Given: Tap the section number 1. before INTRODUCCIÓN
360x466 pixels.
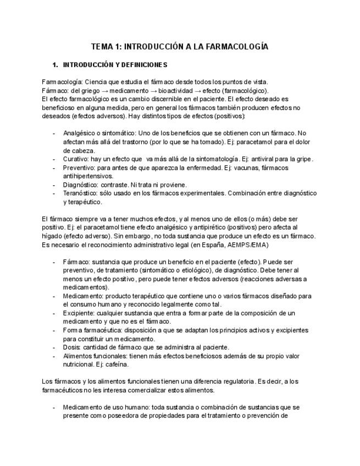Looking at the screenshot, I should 56,64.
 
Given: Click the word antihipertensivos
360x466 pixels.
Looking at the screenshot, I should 88,176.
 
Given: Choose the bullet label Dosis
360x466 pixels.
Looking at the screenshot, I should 72,347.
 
